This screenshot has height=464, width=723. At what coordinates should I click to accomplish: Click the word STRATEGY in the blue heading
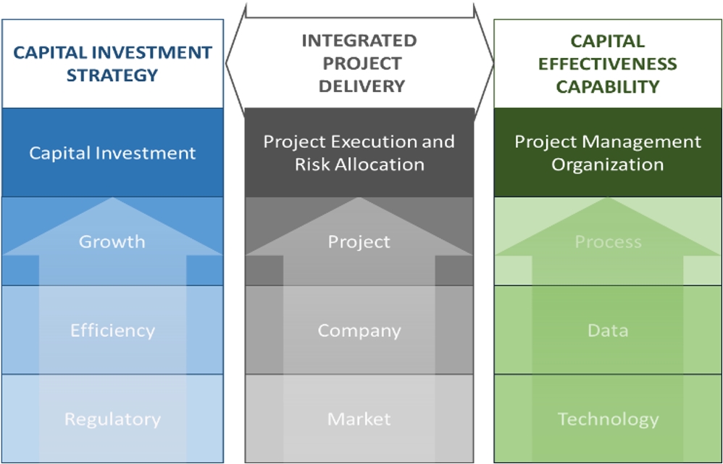click(x=112, y=75)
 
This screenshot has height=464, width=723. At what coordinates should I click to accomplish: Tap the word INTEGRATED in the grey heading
click(x=359, y=41)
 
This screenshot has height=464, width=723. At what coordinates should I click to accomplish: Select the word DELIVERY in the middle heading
click(x=361, y=86)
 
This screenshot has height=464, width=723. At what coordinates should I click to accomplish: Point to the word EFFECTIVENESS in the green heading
click(x=608, y=64)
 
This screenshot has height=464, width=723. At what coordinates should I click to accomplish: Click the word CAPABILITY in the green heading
click(x=608, y=86)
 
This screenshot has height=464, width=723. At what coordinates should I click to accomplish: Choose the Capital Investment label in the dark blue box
click(x=112, y=153)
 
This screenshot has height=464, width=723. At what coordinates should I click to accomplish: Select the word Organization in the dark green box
click(x=607, y=165)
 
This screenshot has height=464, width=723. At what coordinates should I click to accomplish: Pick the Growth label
click(x=112, y=241)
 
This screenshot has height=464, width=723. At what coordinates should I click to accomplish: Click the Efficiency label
click(x=112, y=331)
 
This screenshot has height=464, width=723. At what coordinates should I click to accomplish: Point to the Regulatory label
click(x=112, y=419)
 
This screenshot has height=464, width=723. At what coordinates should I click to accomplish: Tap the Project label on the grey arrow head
click(x=359, y=242)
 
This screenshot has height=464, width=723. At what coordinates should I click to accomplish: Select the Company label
click(x=359, y=331)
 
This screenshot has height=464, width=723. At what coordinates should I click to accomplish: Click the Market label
click(x=359, y=419)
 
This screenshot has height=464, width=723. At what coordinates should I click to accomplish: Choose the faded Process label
click(x=609, y=241)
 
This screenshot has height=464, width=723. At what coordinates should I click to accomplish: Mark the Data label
click(x=608, y=331)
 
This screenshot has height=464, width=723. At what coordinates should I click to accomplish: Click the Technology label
click(x=609, y=419)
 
